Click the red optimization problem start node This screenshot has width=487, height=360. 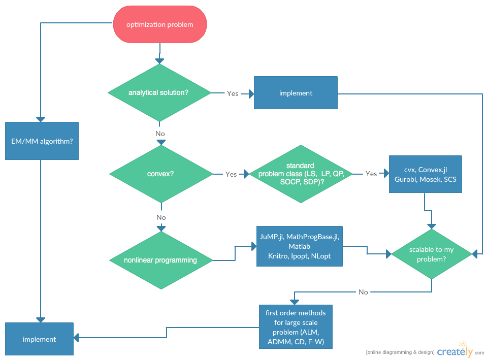click(x=159, y=24)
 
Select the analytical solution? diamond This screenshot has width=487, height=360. click(x=159, y=92)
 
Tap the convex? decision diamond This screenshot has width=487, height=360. click(x=161, y=174)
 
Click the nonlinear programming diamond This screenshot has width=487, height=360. click(x=161, y=260)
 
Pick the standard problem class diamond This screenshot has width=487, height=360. click(x=301, y=174)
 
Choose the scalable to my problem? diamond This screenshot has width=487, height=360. click(x=431, y=253)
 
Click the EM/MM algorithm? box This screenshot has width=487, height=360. click(x=42, y=141)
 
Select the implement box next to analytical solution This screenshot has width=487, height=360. click(x=296, y=93)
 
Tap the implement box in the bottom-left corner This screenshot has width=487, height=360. click(x=39, y=339)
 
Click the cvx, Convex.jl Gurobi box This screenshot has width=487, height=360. click(x=425, y=174)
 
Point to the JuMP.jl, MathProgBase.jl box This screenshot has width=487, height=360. click(x=299, y=246)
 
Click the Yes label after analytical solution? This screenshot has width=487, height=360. click(x=233, y=93)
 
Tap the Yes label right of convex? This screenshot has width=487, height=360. click(x=231, y=174)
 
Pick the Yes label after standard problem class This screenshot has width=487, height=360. click(x=371, y=174)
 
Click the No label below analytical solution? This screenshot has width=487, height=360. click(x=160, y=134)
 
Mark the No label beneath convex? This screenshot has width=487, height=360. click(x=161, y=217)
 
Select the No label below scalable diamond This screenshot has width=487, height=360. click(x=363, y=292)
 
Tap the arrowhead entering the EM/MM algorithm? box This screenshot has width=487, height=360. click(x=41, y=119)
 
